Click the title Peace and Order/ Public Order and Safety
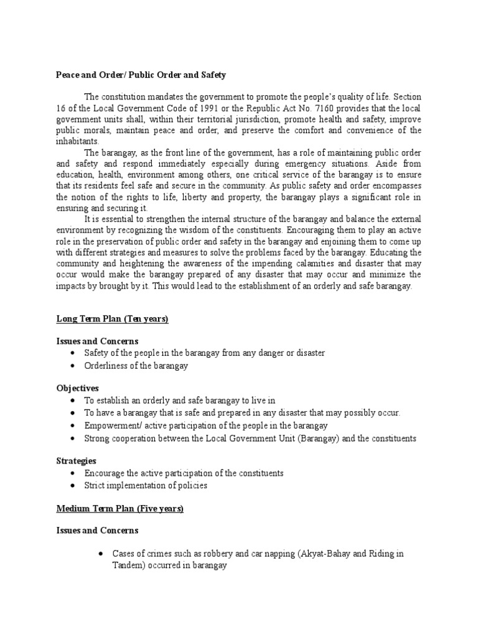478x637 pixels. point(141,75)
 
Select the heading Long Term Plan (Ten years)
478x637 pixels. point(113,319)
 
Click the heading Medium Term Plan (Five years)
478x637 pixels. point(120,508)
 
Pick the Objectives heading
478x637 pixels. point(78,388)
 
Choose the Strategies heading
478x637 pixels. point(77,461)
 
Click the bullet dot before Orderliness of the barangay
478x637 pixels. point(74,366)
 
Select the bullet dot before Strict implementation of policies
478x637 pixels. point(74,485)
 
